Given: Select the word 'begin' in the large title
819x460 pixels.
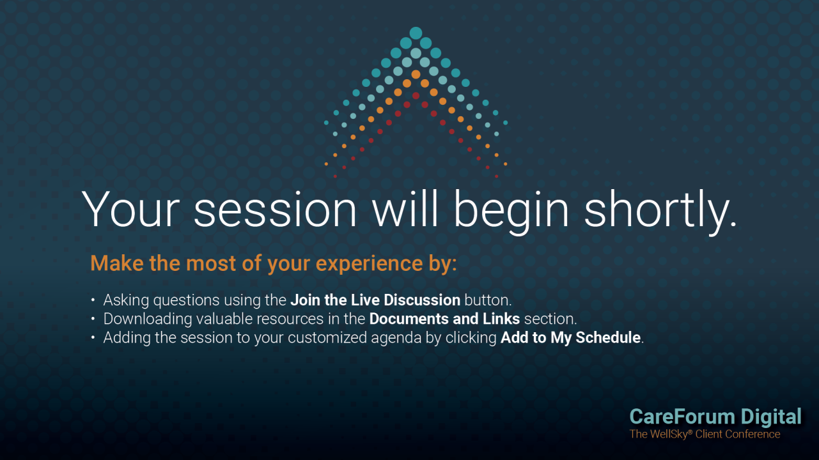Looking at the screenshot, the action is (511, 212).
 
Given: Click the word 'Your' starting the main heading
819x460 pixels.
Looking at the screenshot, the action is (130, 209).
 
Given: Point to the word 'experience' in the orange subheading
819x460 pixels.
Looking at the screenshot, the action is (369, 264).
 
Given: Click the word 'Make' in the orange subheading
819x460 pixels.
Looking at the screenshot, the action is (116, 263).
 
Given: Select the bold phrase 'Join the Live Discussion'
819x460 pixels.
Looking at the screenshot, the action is (375, 300).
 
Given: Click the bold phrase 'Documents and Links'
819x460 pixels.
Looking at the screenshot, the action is (444, 319).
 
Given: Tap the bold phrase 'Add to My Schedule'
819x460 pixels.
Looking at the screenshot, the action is (570, 337).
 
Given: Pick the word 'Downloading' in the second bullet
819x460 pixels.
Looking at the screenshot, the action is (147, 319).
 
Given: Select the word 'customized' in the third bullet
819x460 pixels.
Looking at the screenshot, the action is (327, 337).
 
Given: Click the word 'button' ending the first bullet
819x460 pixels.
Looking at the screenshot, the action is (487, 300).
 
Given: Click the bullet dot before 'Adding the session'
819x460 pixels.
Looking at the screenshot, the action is (93, 337).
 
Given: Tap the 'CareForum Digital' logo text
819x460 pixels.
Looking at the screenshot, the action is (715, 417).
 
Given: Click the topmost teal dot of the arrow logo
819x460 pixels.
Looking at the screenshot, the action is (416, 33).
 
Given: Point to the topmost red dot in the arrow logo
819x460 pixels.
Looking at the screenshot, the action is (416, 96).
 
